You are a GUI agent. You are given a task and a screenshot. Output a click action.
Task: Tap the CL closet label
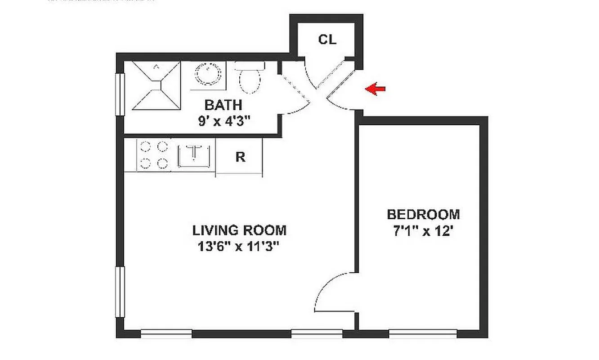pyautogui.click(x=327, y=40)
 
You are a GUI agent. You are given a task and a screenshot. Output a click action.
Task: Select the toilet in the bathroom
pyautogui.click(x=250, y=77)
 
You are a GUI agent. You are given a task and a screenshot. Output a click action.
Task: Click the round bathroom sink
pyautogui.click(x=208, y=73)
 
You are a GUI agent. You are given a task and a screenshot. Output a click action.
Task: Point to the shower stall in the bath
pyautogui.click(x=156, y=85)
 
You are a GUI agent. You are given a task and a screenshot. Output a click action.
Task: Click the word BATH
pyautogui.click(x=224, y=105)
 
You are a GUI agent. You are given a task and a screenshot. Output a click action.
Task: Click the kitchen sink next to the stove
pyautogui.click(x=195, y=154)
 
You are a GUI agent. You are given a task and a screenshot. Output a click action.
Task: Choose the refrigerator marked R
pyautogui.click(x=240, y=157)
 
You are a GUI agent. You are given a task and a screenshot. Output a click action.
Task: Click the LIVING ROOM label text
pyautogui.click(x=239, y=230)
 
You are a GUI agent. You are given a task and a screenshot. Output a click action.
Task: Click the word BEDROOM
pyautogui.click(x=423, y=214)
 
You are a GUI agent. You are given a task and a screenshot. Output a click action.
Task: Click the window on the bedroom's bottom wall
pyautogui.click(x=423, y=333)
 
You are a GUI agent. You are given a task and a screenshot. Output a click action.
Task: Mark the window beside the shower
pyautogui.click(x=120, y=94)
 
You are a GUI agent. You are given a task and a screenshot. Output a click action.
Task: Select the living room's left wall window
pyautogui.click(x=120, y=292)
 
